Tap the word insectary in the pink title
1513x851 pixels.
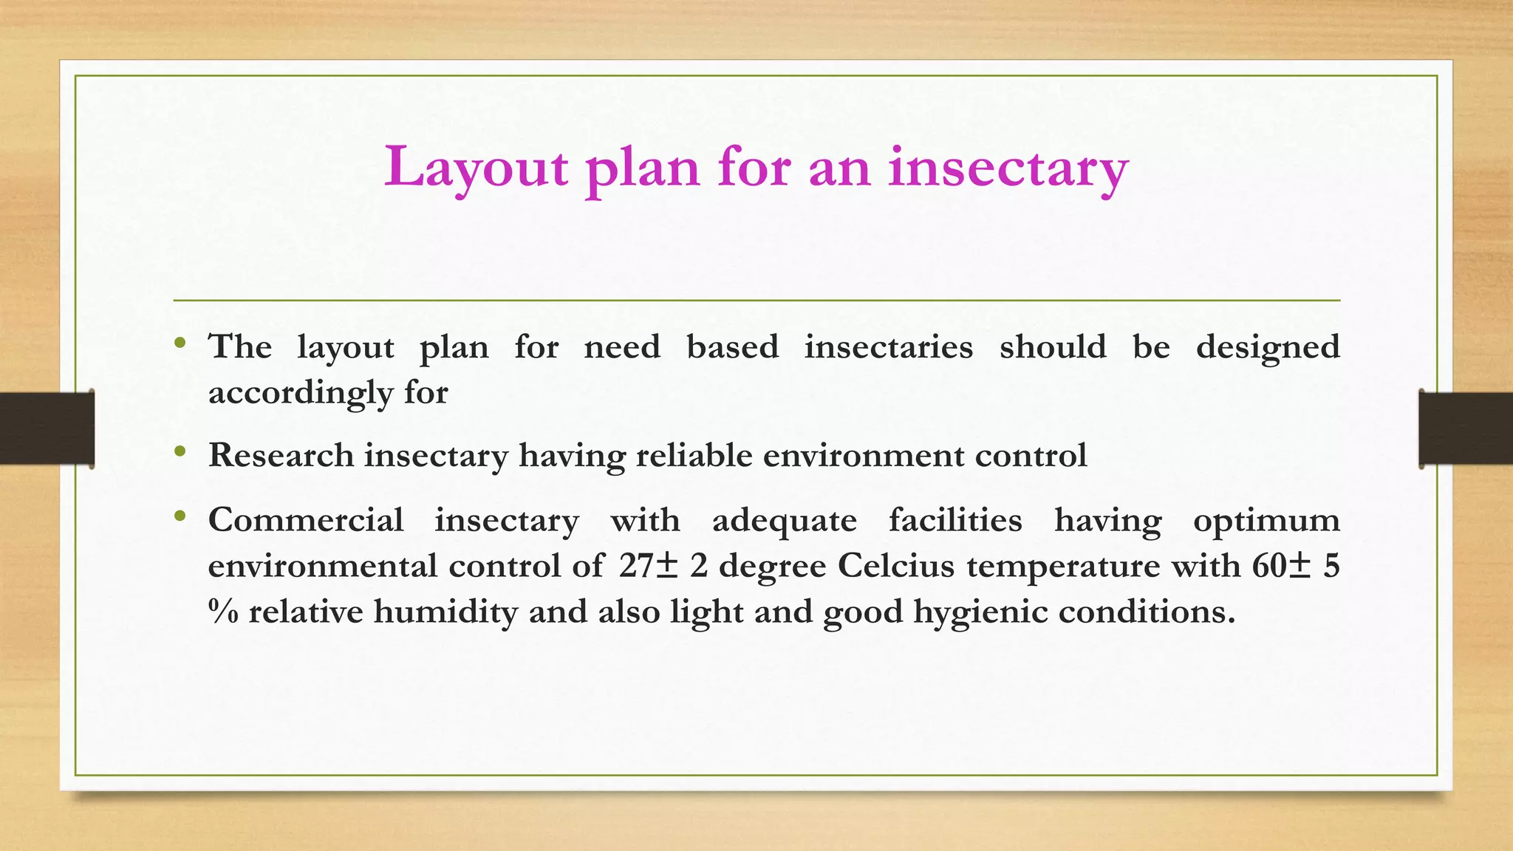1008,168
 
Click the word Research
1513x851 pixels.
281,455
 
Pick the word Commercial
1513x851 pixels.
306,520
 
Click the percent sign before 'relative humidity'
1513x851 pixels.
223,612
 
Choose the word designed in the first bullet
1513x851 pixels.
1267,347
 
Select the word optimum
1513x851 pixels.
1266,520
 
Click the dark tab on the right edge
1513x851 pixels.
1466,428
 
